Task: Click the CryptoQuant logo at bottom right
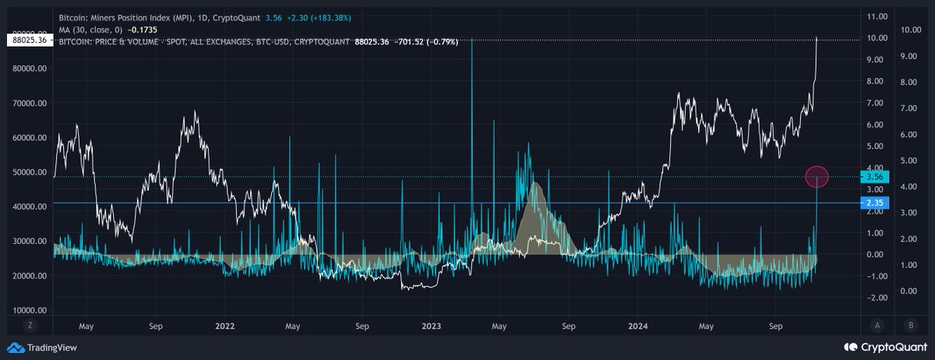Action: (x=884, y=348)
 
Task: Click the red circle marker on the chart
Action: (x=817, y=177)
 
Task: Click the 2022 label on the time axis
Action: (x=226, y=328)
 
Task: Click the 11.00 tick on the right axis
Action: (x=877, y=16)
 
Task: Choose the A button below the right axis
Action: (x=877, y=326)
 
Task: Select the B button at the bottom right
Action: (x=910, y=326)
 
